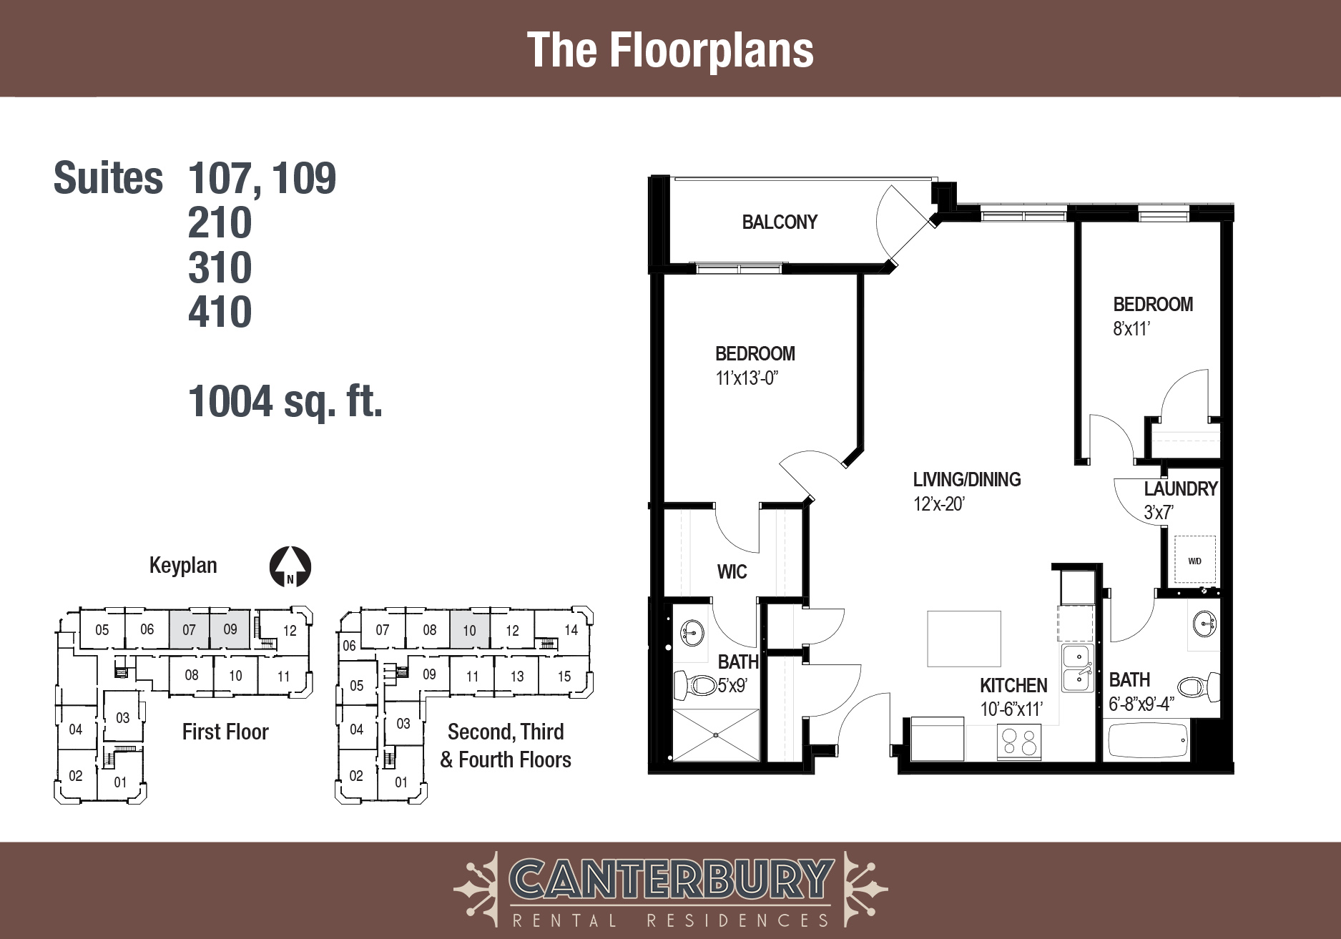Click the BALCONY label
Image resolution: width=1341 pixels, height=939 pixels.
point(780,222)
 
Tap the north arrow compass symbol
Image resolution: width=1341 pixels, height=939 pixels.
point(290,567)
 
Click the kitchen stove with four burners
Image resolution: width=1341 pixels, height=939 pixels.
point(1019,742)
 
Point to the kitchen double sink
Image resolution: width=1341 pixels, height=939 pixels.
point(1077,667)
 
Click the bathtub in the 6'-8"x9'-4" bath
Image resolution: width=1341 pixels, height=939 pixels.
point(1147,740)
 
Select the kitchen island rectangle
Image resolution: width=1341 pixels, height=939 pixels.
point(964,639)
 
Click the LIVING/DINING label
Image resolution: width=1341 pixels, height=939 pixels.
point(967,479)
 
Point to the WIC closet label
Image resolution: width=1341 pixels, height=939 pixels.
point(732,571)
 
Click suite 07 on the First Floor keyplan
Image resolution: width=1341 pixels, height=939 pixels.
point(190,629)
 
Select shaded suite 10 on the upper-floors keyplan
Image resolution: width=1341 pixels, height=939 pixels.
point(470,630)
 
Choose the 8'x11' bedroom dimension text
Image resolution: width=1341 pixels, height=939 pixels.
point(1131,329)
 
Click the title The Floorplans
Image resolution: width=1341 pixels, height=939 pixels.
point(670,50)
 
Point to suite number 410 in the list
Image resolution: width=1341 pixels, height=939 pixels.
point(220,312)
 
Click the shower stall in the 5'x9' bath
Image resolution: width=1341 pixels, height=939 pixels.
point(716,734)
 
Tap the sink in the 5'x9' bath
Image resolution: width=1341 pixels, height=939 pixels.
point(692,632)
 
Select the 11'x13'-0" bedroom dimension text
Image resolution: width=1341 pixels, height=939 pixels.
point(747,378)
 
